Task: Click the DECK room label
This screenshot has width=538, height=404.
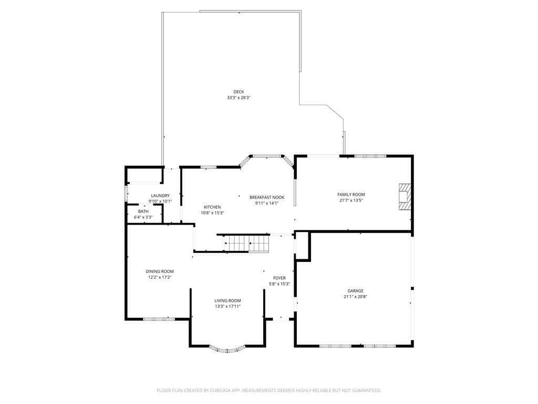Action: pos(239,92)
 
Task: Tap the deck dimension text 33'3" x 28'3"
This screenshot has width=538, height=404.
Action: pos(239,98)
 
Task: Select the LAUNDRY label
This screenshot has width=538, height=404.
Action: pos(160,196)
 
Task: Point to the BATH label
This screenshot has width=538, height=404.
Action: pos(143,211)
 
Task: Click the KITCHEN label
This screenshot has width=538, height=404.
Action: pos(212,207)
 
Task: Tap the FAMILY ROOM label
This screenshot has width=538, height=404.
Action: pos(351,195)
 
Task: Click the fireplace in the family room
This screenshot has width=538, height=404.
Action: pos(405,196)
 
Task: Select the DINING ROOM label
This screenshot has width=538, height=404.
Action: pos(160,271)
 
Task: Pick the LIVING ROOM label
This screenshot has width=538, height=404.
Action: pos(227,300)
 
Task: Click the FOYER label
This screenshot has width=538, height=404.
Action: pos(280,278)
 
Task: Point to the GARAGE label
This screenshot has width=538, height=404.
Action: pos(355,290)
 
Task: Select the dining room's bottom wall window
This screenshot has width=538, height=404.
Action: pos(159,319)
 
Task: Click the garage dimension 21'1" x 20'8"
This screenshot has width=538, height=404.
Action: pos(355,297)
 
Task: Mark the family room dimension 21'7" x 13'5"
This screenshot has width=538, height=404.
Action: pos(351,200)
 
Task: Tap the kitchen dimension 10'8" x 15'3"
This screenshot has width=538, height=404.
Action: pos(212,213)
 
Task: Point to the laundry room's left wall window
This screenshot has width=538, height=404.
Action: pos(126,193)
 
